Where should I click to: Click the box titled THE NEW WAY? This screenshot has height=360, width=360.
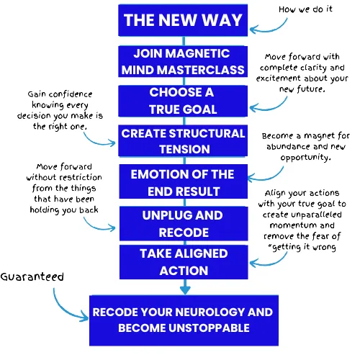coord(183,20)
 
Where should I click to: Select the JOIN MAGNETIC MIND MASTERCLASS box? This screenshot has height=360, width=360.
coord(183,61)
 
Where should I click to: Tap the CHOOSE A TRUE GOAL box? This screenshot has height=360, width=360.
coord(183,101)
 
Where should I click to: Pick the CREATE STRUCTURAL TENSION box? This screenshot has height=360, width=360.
coord(183,140)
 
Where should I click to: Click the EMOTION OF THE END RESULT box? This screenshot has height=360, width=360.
coord(184,181)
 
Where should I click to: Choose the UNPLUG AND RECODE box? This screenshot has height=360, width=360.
coord(184,223)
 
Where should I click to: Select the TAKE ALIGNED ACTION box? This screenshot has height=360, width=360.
coord(184,262)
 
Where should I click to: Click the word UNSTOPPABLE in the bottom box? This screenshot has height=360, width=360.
coord(209,328)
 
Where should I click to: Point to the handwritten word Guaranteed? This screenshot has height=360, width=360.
coord(32,276)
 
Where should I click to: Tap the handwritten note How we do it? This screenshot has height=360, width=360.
coord(305,9)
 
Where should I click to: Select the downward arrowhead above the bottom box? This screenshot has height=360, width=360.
coord(185,289)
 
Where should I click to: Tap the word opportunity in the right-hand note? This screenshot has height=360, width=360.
coord(306,158)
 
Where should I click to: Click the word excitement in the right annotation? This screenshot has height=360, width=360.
coord(278,78)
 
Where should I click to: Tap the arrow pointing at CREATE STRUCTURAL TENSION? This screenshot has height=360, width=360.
coord(99,142)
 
